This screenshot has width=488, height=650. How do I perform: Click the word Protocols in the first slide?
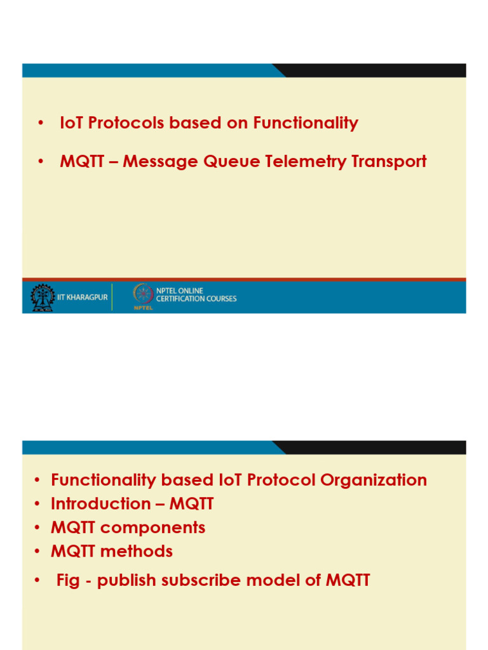click(x=126, y=123)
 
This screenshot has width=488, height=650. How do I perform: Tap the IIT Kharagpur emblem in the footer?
click(x=43, y=297)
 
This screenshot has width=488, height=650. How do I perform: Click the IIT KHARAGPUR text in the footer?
click(x=83, y=298)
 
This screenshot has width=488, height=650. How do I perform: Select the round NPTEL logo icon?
click(x=142, y=293)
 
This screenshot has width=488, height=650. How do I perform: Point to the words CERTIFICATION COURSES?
click(x=196, y=299)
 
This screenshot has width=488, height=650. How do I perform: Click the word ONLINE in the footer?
click(x=189, y=291)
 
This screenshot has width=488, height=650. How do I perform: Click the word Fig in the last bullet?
click(x=68, y=580)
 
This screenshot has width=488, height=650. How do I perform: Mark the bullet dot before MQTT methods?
click(x=37, y=552)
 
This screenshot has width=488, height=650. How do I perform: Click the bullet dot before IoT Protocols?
click(x=42, y=124)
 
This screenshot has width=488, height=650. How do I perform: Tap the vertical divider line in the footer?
click(x=112, y=297)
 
